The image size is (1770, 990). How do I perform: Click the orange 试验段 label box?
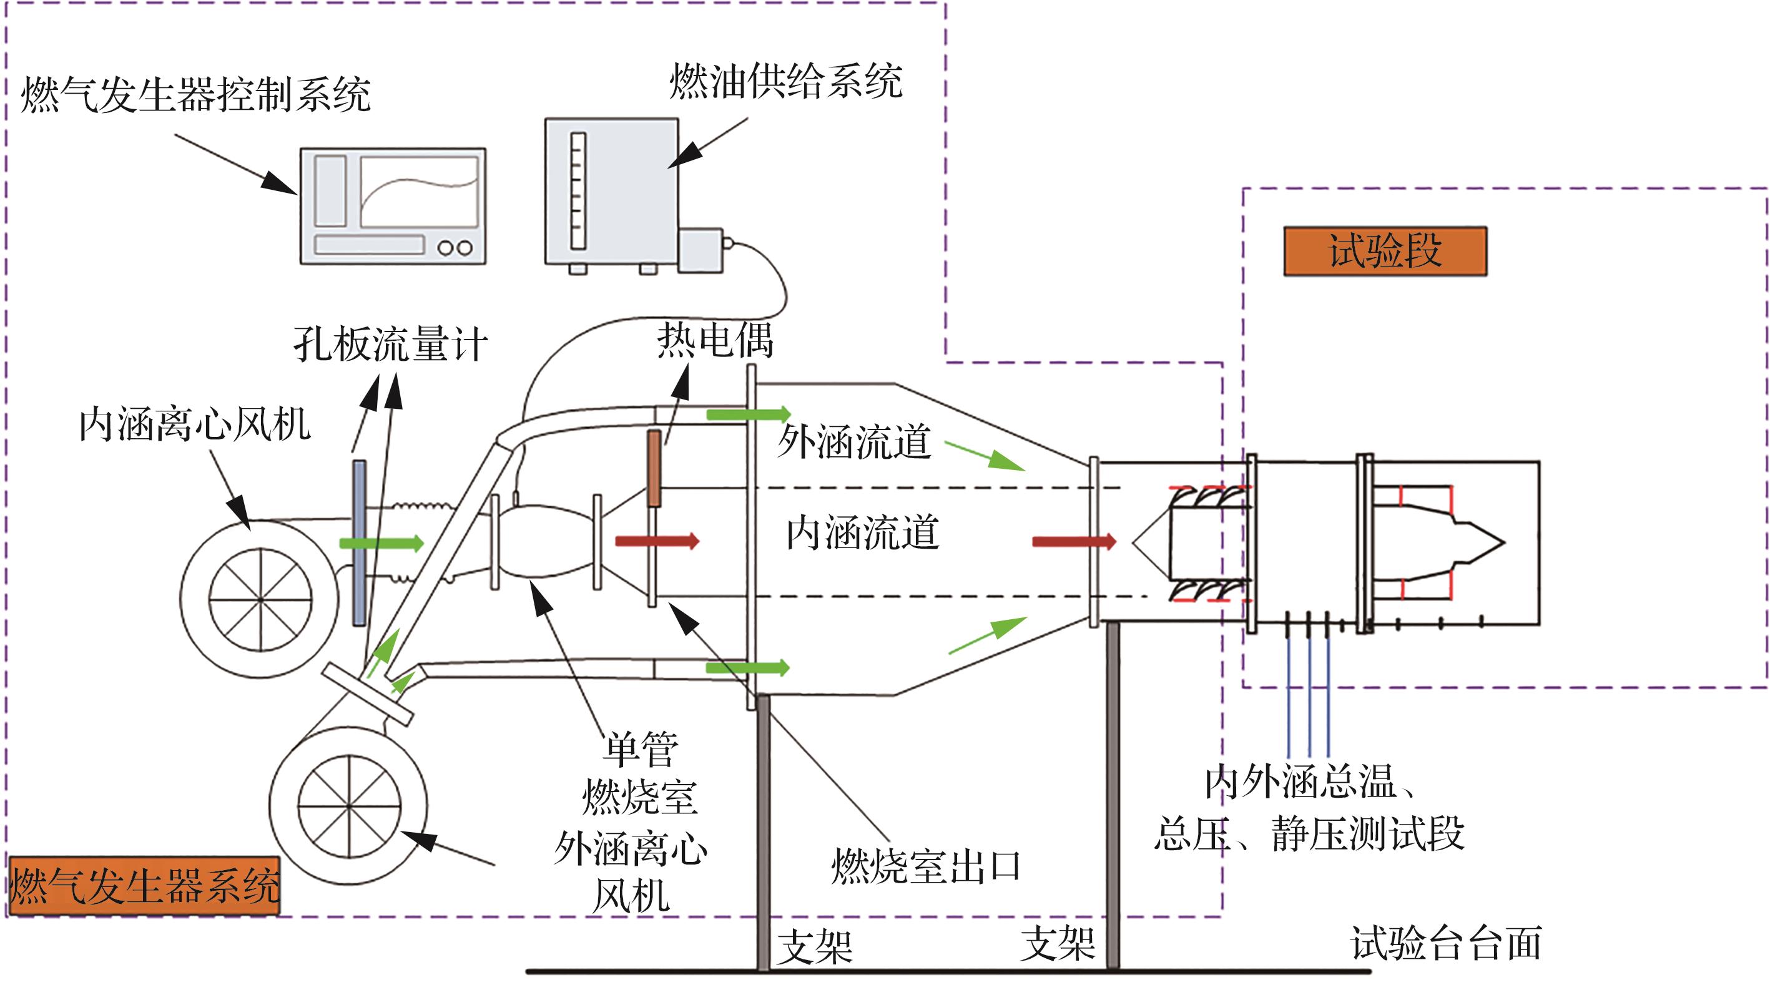point(1385,252)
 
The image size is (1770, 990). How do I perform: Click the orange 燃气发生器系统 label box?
point(144,886)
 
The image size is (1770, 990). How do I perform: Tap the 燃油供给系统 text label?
point(785,82)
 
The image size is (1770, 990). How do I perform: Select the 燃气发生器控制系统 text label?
point(196,95)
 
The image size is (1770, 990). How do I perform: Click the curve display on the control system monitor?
point(419,192)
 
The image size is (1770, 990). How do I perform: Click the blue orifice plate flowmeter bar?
point(358,542)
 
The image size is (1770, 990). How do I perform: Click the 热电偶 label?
point(715,340)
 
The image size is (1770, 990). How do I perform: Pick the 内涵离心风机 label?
point(194,424)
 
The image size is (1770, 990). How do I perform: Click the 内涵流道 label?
point(862,533)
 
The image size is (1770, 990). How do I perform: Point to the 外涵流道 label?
point(854,441)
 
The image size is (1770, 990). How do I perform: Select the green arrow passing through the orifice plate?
point(381,544)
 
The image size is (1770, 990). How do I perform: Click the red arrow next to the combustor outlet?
point(657,541)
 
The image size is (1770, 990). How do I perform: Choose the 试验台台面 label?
point(1447,943)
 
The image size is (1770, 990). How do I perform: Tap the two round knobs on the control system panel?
point(455,247)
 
